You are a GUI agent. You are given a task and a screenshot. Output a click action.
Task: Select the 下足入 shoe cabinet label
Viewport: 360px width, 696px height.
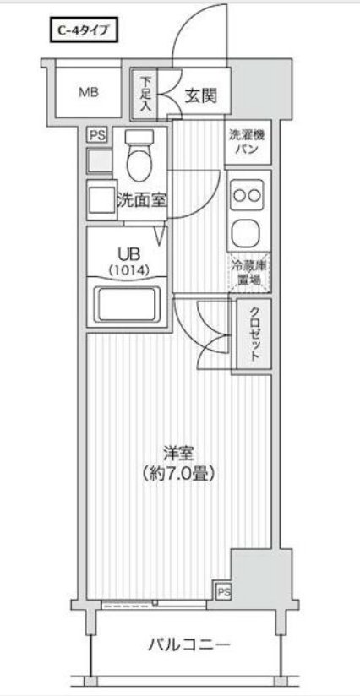(145, 94)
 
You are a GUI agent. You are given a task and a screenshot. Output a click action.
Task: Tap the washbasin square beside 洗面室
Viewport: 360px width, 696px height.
(101, 198)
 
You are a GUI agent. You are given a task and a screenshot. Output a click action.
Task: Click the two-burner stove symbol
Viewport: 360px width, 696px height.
(248, 195)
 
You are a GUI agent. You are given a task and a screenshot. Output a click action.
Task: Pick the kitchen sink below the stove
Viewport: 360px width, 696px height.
(248, 231)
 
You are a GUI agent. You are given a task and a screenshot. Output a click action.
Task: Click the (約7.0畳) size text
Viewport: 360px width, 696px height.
(177, 473)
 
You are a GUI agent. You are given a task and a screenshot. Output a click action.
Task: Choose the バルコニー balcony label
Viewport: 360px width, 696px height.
(177, 646)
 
